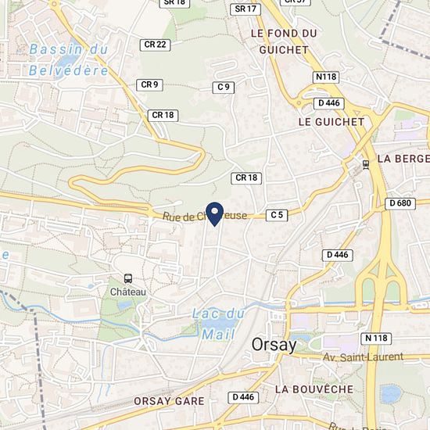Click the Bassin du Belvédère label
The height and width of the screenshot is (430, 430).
69,59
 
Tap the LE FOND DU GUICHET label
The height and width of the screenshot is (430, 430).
285,41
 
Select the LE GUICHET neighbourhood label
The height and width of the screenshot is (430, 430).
331,122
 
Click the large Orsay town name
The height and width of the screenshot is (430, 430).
274,345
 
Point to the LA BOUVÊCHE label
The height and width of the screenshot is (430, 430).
314,389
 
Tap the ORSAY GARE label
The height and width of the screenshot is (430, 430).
169,401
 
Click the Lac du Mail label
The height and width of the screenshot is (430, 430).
218,324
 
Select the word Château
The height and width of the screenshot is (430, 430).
127,291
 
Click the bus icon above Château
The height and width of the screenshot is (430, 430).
127,278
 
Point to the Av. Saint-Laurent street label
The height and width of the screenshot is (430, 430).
363,357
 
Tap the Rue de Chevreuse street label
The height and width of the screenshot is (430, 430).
205,215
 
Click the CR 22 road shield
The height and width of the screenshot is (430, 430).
156,45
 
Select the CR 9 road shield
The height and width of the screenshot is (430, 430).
149,84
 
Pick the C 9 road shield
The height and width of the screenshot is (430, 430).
224,87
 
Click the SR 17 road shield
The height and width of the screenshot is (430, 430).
245,9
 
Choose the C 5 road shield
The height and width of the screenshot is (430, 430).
277,214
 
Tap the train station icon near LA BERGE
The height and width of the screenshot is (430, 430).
366,164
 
